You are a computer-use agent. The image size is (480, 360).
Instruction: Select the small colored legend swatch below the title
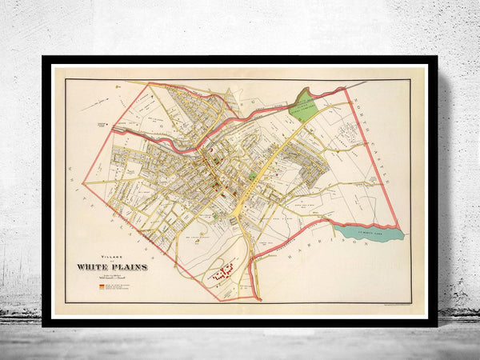pyautogui.click(x=99, y=283)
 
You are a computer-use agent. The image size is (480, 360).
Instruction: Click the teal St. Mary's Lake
pyautogui.click(x=368, y=234)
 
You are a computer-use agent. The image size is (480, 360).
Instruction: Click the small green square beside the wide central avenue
pyautogui.click(x=253, y=174)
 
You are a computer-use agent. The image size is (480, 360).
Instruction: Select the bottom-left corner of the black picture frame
pyautogui.click(x=45, y=324)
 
